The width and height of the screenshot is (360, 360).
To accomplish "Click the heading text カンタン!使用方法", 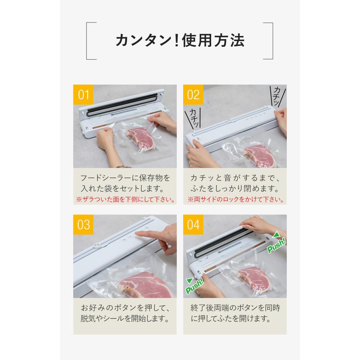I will (180, 40).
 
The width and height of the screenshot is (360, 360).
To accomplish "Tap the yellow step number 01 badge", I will (83, 95).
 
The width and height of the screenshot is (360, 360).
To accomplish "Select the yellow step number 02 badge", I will (193, 95).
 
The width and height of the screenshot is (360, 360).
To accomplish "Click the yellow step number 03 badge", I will (83, 224).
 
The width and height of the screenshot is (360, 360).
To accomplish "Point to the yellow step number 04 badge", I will (193, 224).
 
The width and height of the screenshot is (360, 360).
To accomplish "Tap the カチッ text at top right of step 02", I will (277, 96).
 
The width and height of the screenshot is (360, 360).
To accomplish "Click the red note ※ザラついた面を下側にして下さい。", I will (125, 199).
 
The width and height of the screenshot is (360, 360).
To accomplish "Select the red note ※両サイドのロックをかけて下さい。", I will (236, 199).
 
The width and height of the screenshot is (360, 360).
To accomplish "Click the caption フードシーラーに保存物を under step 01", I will (125, 177).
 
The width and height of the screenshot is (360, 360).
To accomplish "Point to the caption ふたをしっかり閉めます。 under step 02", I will (235, 188).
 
